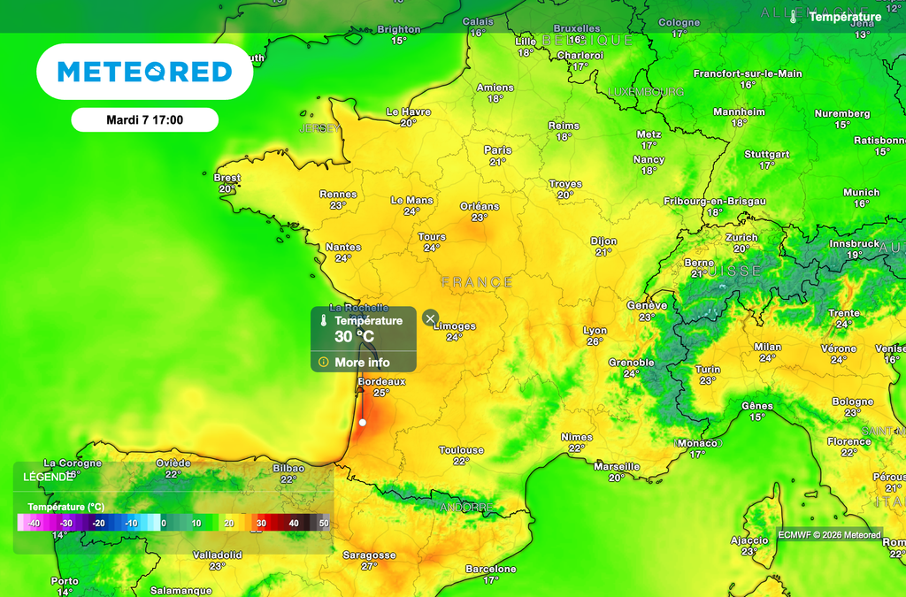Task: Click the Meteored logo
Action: point(144,72)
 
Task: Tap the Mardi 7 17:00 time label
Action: point(144,119)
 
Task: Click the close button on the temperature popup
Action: point(430,318)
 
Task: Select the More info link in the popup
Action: point(362,363)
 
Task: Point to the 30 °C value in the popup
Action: point(355,337)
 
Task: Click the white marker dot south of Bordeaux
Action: point(362,423)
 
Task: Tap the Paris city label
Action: point(498,150)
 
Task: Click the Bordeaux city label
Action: point(380,382)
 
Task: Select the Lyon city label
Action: point(595,331)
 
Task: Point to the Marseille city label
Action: point(617,467)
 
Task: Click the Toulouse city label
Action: point(461,450)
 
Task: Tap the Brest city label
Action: point(227,178)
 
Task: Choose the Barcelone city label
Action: point(490,570)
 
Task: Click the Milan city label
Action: point(767,348)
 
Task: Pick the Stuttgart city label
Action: point(766,155)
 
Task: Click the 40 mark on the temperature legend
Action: point(293,524)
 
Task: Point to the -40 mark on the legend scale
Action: point(35,524)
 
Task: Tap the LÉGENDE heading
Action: point(48,477)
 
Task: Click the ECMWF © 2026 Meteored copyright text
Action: point(830,534)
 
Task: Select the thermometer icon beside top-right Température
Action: point(795,17)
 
